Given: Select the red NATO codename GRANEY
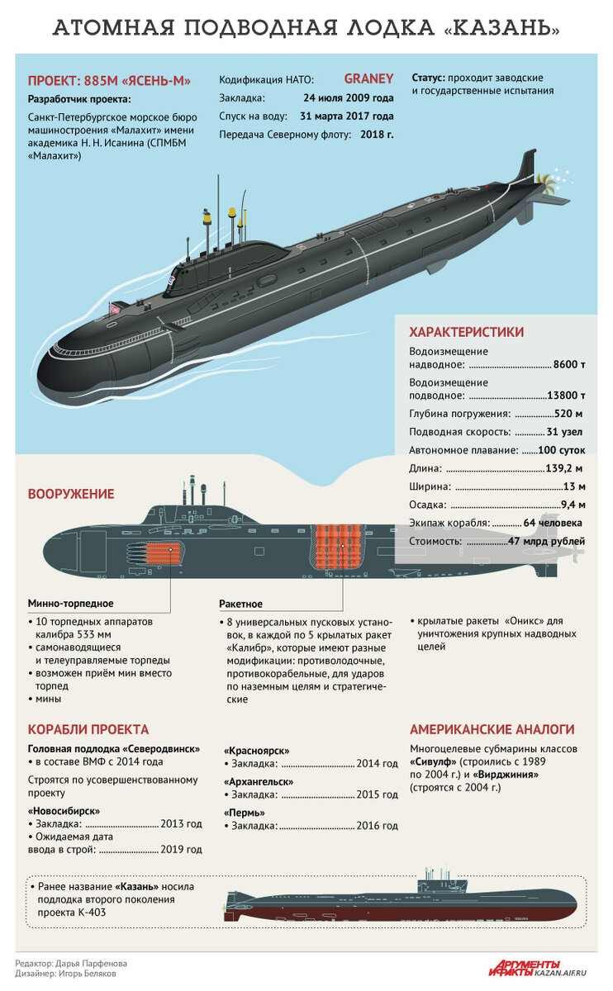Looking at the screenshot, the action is coord(368,78).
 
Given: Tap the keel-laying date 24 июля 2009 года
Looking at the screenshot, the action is coord(349,97).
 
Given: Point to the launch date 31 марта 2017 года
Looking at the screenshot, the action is coord(346,116).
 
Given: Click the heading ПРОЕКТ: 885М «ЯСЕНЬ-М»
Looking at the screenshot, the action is coord(109,81).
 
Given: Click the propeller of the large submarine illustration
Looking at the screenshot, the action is coord(545,182).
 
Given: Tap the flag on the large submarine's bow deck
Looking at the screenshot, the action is coord(115,308).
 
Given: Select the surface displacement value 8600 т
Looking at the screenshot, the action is coord(569,364).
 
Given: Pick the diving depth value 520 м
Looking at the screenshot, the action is coord(568,414).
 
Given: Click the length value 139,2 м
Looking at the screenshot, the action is coord(564,468).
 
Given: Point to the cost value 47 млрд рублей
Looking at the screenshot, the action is coord(546,541).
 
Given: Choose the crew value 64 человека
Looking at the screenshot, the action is coord(553,523).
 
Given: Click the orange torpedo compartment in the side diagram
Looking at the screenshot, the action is coord(163,553).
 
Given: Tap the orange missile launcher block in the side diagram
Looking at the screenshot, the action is coord(339,547).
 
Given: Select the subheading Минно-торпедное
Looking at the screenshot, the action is coord(70,604).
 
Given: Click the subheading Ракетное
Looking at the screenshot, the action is coord(240,604).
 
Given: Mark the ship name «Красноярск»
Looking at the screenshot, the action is coord(257,751).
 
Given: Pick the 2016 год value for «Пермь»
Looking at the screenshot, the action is coord(377,826).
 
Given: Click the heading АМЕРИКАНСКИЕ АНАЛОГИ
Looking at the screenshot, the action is coord(492,729).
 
